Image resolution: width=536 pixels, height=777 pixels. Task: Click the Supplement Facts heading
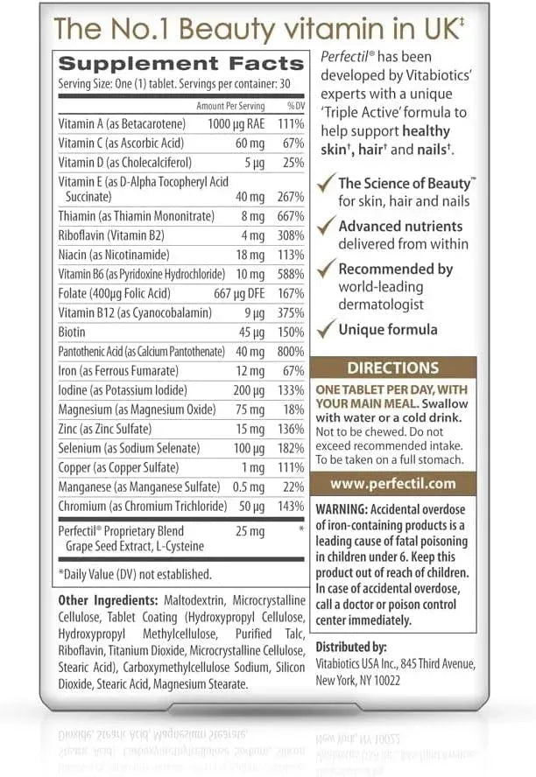click(180, 64)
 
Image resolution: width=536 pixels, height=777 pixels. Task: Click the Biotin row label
click(74, 332)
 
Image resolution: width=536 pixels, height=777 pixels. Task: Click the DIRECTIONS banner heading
click(392, 368)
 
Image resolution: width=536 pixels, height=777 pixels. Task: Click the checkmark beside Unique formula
click(325, 331)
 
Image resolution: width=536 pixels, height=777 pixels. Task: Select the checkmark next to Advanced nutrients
click(325, 227)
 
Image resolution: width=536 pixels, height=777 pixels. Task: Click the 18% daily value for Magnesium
click(293, 409)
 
